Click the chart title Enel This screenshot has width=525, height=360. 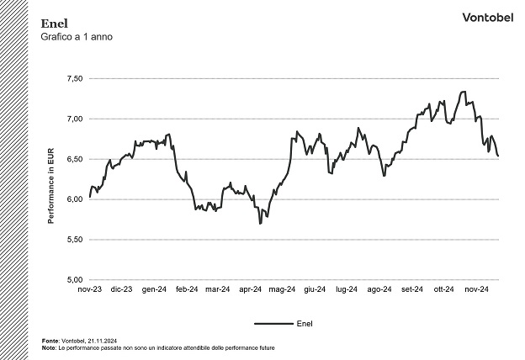click(52, 24)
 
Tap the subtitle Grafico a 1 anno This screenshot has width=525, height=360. click(76, 38)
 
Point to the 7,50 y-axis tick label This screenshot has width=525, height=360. click(74, 78)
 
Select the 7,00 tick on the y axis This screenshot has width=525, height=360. click(74, 119)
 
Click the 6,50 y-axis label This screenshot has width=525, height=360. click(74, 159)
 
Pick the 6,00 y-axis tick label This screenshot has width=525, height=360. click(74, 199)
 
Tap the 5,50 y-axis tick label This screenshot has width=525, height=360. click(74, 240)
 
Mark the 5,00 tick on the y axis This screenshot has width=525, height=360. click(74, 280)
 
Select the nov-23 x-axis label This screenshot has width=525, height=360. click(89, 289)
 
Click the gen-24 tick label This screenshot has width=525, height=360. click(154, 289)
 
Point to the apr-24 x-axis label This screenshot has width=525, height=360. click(251, 289)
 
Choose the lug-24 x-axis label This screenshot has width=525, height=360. click(347, 289)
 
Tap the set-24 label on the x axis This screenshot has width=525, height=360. click(412, 289)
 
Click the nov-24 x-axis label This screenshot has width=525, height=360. click(477, 289)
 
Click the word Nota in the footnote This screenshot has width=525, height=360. click(48, 347)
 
